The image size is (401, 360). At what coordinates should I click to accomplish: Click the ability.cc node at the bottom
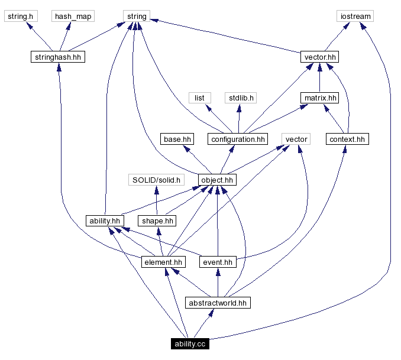(190, 343)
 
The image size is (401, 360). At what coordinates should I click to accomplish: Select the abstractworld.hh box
(217, 303)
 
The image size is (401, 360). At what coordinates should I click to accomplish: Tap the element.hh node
(163, 262)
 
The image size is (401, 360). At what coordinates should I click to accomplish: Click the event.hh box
(217, 262)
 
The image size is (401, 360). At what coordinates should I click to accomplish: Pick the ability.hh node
(104, 220)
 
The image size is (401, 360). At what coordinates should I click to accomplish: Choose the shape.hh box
(157, 220)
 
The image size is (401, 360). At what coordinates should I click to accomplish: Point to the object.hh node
(217, 180)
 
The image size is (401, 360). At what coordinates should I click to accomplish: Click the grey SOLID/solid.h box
(156, 180)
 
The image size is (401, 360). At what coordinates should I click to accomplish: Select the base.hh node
(177, 139)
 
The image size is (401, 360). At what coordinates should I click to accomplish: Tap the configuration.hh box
(237, 139)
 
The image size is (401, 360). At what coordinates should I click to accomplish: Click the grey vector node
(296, 139)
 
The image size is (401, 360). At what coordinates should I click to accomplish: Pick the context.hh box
(347, 139)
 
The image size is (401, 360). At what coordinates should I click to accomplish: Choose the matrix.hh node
(319, 98)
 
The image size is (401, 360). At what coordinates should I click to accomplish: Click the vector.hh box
(319, 57)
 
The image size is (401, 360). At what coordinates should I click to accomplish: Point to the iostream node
(355, 16)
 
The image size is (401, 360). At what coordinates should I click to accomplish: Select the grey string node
(136, 16)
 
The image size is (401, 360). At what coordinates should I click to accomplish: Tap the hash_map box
(73, 16)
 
